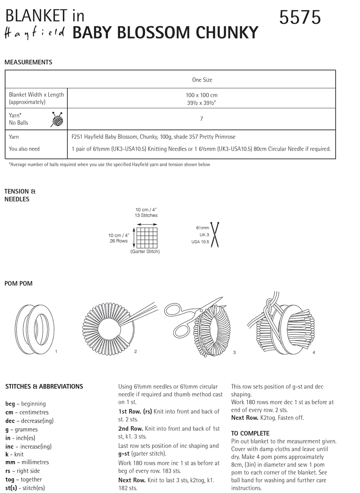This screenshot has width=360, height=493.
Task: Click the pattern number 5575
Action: [x=300, y=17]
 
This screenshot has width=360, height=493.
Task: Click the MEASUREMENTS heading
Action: [x=28, y=62]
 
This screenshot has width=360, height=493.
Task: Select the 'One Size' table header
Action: [x=202, y=80]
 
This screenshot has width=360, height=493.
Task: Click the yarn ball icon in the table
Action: [x=57, y=119]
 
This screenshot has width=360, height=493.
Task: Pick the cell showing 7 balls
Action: [x=201, y=119]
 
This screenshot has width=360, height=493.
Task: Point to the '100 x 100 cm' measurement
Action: [x=202, y=95]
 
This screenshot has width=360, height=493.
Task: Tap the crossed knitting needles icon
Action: [x=214, y=235]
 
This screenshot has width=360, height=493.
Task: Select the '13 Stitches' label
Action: [x=146, y=215]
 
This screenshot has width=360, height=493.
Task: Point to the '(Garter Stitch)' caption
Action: [x=145, y=252]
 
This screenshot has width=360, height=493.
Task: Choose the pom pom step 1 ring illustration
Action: [x=35, y=329]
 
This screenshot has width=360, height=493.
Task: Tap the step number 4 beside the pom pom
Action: [x=314, y=352]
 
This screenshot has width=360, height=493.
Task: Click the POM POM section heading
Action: [x=18, y=283]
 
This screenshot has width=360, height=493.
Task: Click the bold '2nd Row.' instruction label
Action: [x=131, y=429]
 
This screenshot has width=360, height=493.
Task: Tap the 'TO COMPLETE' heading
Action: [x=250, y=433]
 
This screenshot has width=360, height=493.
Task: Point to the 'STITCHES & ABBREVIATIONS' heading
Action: [x=44, y=386]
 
